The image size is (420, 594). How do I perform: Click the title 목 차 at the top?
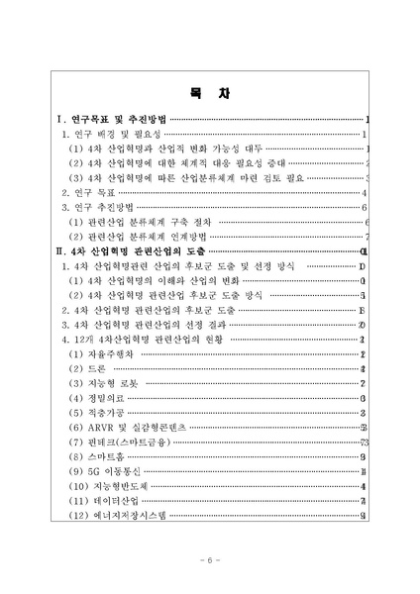(x=209, y=95)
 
